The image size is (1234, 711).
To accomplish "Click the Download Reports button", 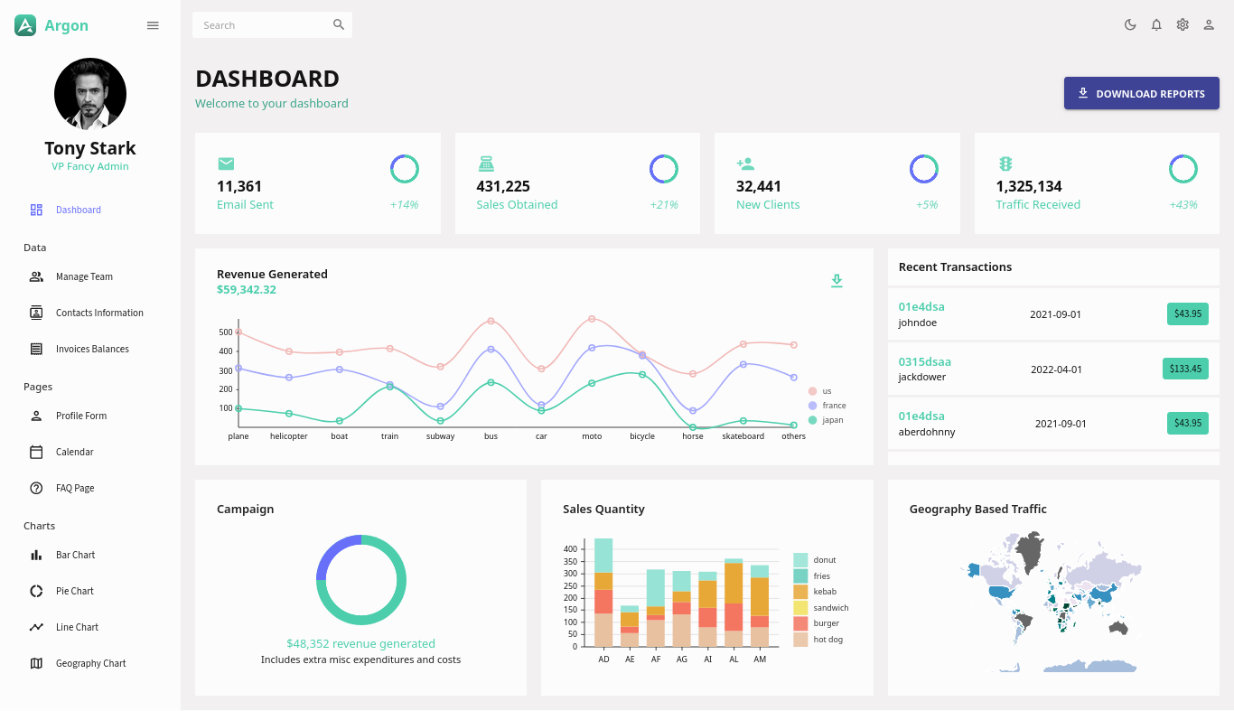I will [x=1141, y=93].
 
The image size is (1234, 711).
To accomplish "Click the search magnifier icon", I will [x=339, y=24].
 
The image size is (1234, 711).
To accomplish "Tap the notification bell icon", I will [x=1156, y=24].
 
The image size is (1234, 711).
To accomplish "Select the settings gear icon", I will [x=1183, y=24].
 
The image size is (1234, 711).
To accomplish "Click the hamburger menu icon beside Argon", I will [x=153, y=25].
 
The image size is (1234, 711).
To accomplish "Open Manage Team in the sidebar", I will [x=84, y=276].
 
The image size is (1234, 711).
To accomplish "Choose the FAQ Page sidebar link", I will [x=75, y=488].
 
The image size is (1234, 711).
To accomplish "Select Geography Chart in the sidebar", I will [x=90, y=663].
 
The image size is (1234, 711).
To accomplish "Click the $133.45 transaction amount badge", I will [x=1185, y=369].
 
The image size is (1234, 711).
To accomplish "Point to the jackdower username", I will [x=921, y=377].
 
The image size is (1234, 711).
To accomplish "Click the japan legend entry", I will [x=831, y=420].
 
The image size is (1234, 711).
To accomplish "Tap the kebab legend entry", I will [x=824, y=592].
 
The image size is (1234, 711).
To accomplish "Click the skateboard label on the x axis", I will [x=743, y=436].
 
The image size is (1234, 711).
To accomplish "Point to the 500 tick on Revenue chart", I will [x=225, y=332].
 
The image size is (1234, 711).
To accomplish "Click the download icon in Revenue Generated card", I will [x=837, y=281].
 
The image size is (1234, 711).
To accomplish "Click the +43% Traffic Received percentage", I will [x=1183, y=205].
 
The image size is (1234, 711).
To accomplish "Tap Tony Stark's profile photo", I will [x=90, y=94].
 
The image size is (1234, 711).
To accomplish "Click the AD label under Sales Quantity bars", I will [x=603, y=660].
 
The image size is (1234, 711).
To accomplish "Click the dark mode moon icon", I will [x=1130, y=24].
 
